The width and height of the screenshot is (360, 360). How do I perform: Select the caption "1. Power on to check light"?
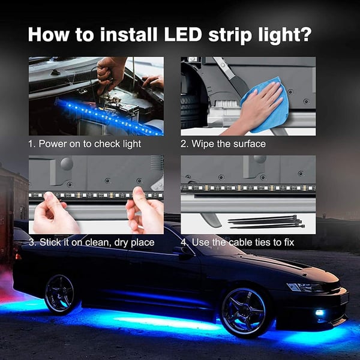coord(85,144)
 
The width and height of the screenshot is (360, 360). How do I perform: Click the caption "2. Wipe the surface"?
coord(223,144)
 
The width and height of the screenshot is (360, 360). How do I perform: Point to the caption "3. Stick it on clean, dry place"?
coord(91,242)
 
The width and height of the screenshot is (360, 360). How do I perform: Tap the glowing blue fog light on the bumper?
coord(319,313)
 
